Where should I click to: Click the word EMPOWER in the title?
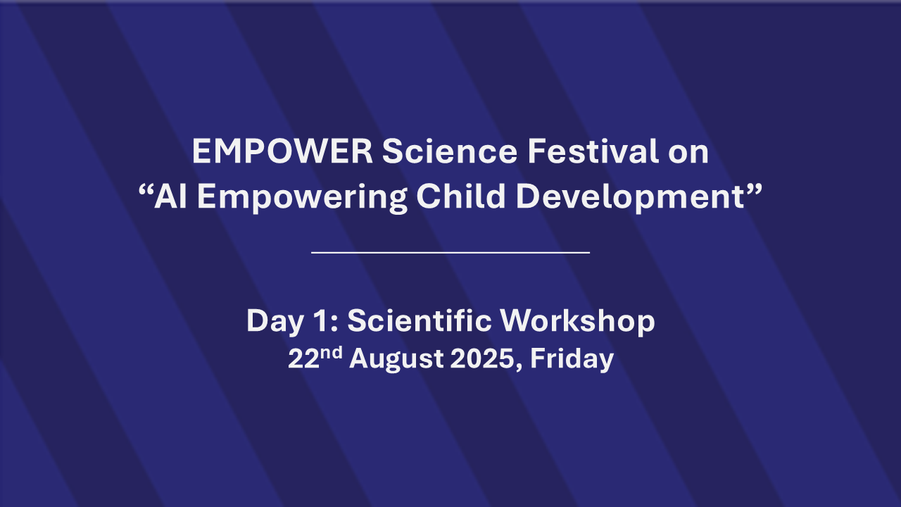tap(282, 151)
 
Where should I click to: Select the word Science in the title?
tap(450, 151)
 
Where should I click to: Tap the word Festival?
tap(593, 151)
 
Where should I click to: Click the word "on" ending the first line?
tap(688, 154)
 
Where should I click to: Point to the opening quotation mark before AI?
tap(145, 191)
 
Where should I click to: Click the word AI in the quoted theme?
tap(170, 196)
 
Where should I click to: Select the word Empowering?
tap(302, 199)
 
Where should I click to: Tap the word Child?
tap(460, 196)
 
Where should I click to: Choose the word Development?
tap(630, 199)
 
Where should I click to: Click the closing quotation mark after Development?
tap(754, 189)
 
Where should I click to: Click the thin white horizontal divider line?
tap(450, 253)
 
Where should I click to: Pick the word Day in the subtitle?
tap(275, 323)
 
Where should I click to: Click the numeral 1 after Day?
tap(320, 320)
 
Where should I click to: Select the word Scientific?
tap(420, 320)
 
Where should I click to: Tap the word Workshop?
tap(578, 323)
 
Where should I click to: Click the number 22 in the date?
tap(303, 358)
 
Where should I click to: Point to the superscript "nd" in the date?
tap(332, 353)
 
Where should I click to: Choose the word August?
tap(396, 360)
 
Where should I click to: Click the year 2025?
tap(482, 358)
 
